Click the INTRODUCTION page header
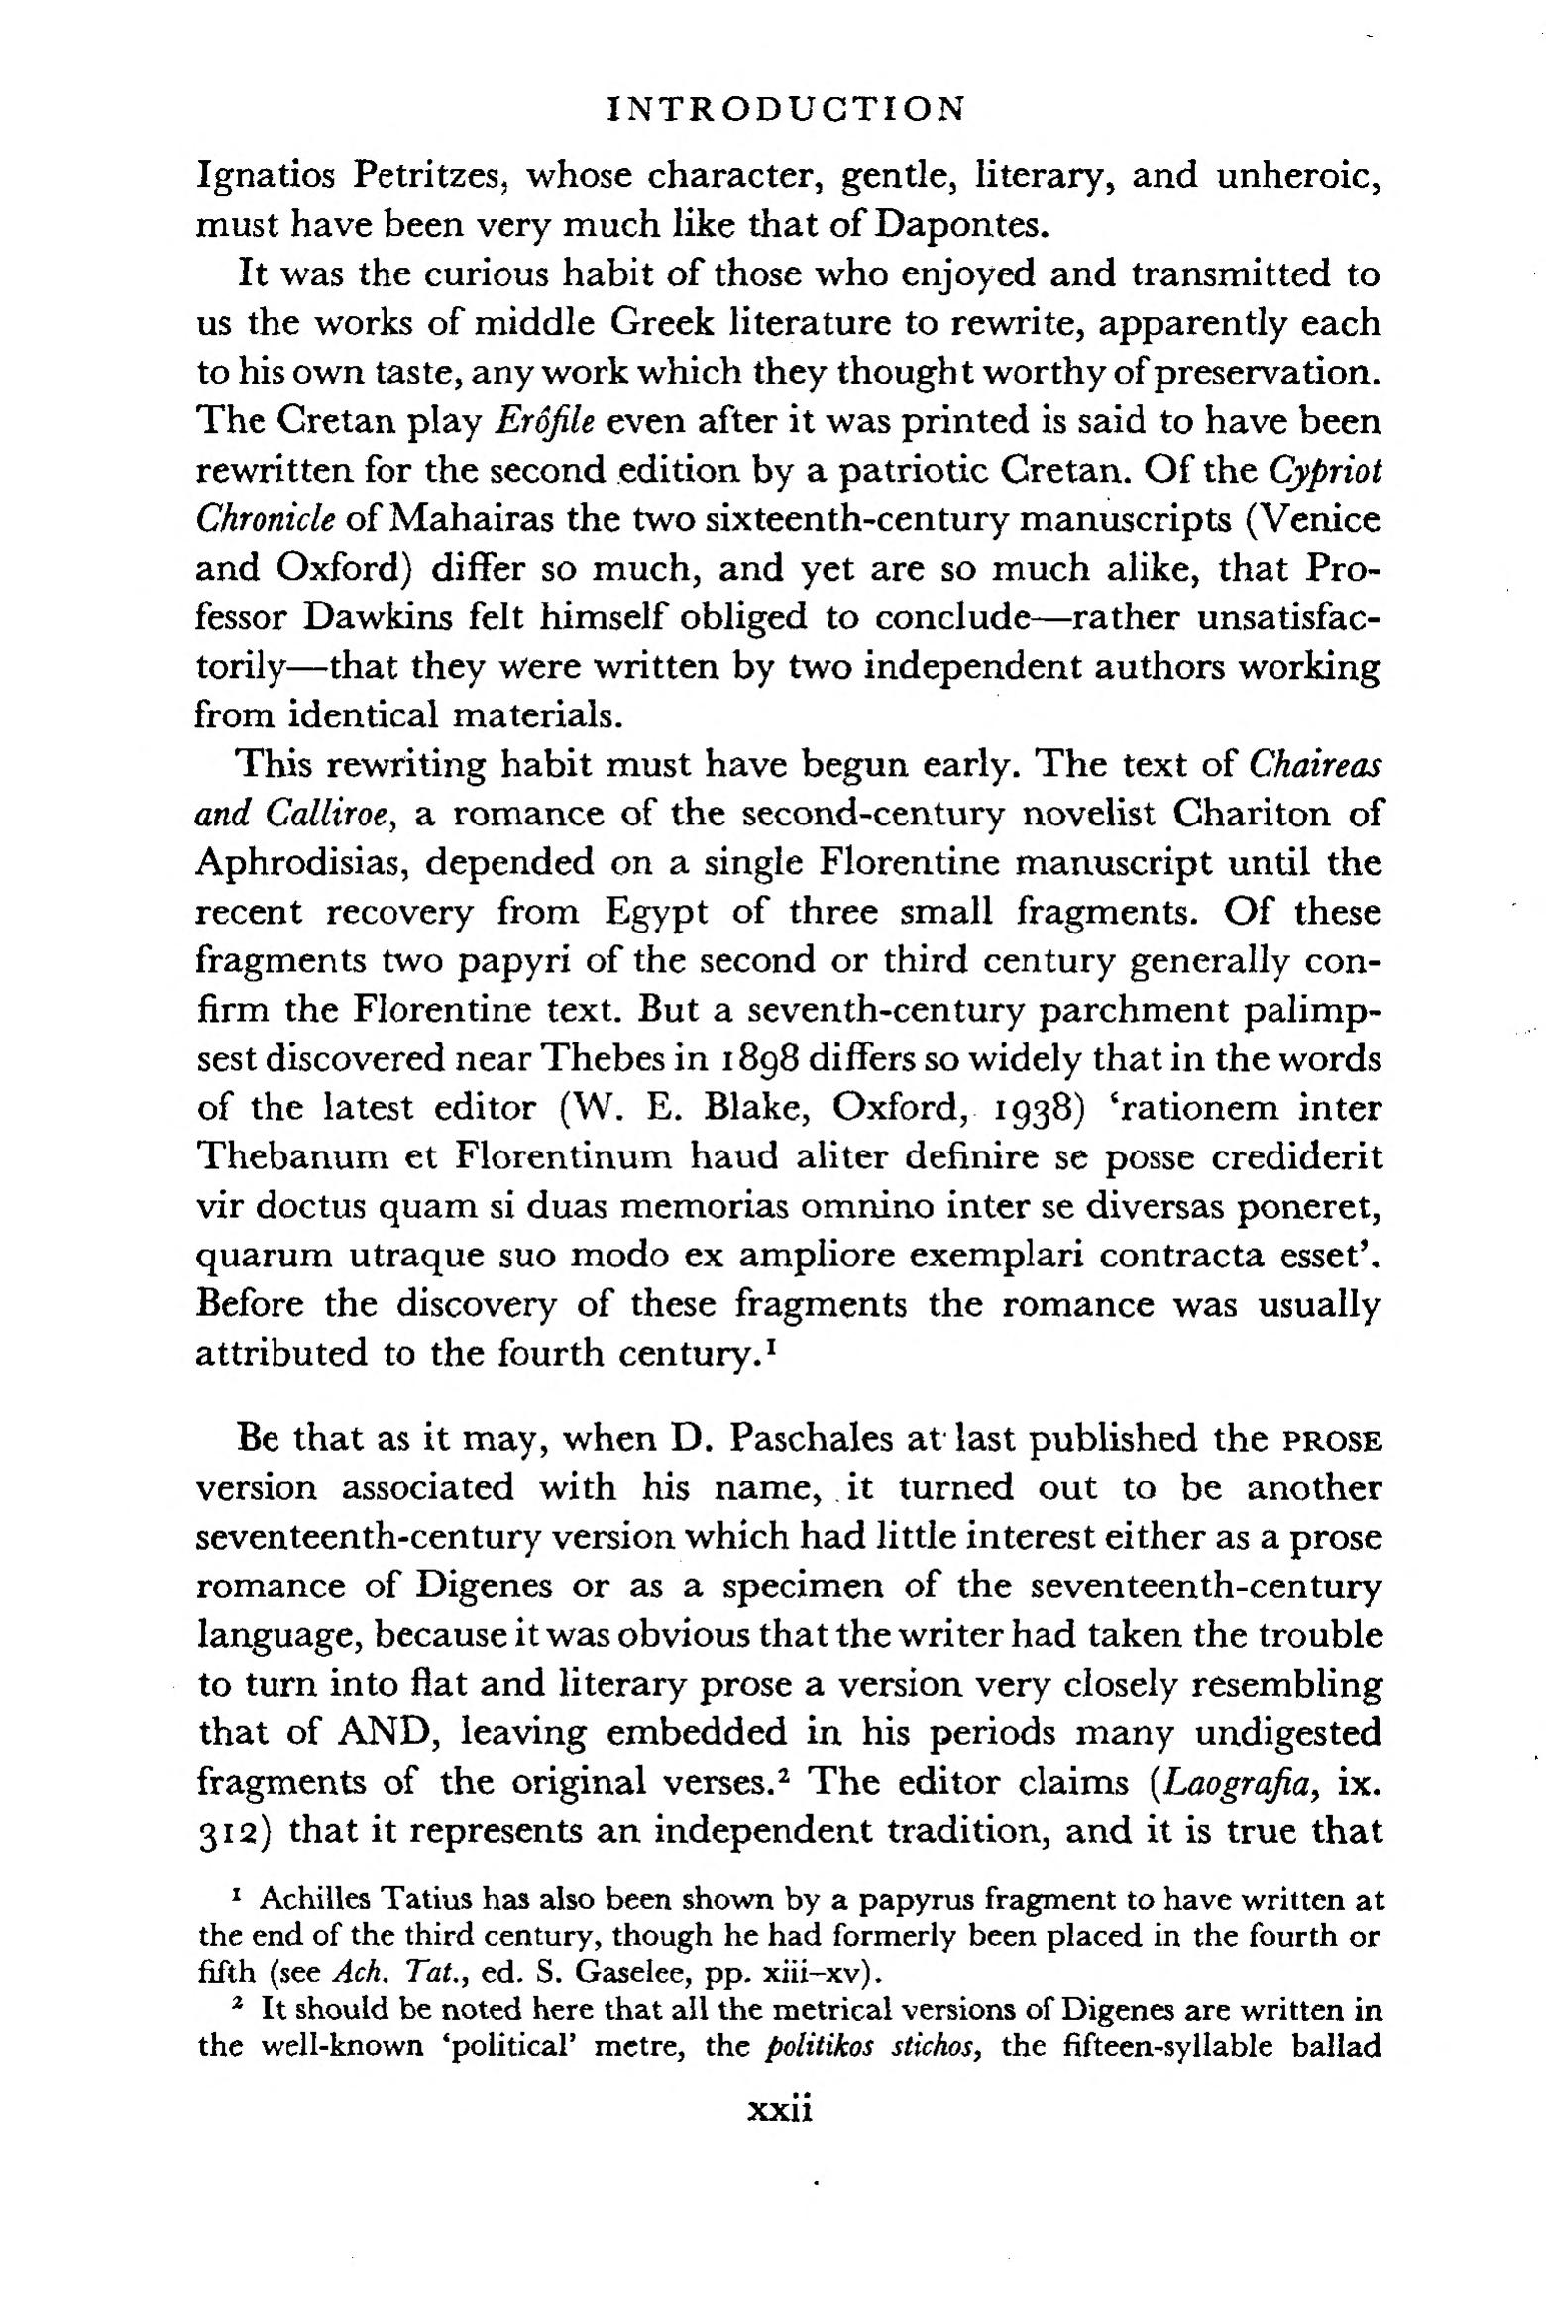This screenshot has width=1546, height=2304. coord(784,108)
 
